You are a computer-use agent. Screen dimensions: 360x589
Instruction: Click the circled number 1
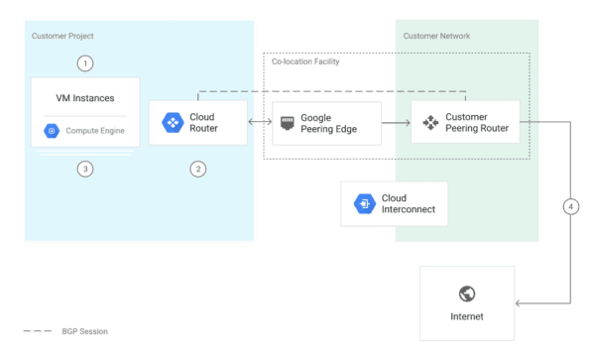(85, 62)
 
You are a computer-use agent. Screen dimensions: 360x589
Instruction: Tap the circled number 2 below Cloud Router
(198, 169)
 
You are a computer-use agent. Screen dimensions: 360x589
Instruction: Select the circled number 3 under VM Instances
(85, 169)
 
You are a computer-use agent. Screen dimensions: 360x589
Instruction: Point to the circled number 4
(570, 207)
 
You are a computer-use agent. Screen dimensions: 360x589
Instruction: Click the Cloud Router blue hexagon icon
(172, 122)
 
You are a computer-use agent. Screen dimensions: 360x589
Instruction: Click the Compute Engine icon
(52, 130)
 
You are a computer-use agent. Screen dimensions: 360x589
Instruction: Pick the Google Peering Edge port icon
(287, 122)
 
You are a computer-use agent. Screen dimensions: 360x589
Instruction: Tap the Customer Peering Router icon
(430, 123)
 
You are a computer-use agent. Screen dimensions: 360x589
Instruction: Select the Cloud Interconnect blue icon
(363, 203)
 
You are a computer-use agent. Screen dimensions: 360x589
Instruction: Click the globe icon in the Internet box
(466, 294)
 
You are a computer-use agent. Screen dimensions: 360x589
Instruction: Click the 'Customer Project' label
(63, 36)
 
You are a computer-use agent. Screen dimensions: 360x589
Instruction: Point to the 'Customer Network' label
(436, 36)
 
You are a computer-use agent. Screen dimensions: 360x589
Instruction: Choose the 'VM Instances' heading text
(85, 98)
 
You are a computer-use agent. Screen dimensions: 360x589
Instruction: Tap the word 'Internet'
(466, 317)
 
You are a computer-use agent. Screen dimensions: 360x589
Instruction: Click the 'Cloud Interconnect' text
(408, 203)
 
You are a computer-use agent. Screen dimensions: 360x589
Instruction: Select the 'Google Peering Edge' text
(327, 123)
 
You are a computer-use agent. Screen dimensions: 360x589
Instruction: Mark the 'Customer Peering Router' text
(479, 123)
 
